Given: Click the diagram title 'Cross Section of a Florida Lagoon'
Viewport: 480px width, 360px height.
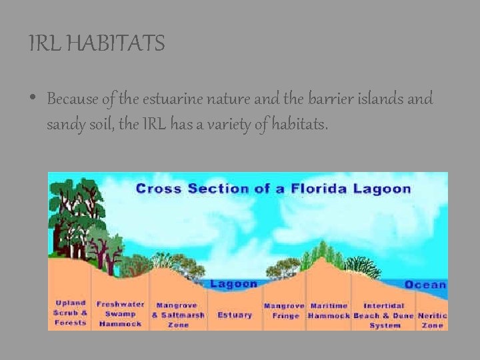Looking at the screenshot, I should (273, 189).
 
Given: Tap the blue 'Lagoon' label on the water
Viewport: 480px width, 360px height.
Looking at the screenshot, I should (234, 284).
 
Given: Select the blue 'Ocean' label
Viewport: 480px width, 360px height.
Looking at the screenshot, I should (425, 285).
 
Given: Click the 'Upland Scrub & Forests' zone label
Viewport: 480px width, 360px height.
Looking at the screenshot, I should (71, 313).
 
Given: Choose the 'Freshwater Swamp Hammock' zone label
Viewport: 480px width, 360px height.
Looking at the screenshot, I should (121, 314).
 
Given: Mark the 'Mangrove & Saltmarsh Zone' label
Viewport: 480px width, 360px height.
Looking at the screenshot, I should (178, 315).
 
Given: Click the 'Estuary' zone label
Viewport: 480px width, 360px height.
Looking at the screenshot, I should (235, 315).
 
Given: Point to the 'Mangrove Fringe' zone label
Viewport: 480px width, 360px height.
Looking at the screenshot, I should (285, 311).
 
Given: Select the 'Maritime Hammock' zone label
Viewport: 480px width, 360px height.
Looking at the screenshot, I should (329, 311).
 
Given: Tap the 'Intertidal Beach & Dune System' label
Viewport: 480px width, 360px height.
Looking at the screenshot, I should (384, 315).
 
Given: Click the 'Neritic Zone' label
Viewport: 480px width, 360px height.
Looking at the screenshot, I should (432, 320).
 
